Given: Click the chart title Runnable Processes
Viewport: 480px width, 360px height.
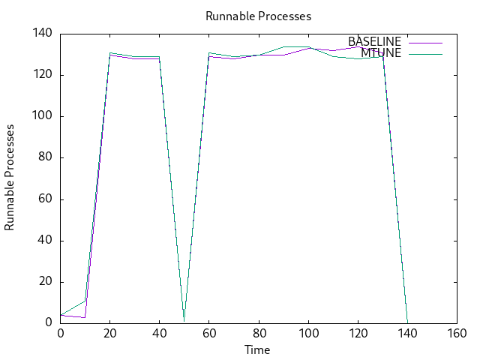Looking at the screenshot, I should coord(257,16).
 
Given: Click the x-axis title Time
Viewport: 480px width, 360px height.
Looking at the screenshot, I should coord(257,349).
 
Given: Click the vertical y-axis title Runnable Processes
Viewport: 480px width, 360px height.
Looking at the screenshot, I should coord(10,178).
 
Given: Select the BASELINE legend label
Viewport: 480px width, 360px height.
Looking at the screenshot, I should coord(374,41).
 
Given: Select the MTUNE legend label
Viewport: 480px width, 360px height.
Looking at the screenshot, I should coord(381,53).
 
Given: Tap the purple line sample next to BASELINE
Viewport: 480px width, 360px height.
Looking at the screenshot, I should coord(425,42).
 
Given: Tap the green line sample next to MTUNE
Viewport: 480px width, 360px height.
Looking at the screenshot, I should coord(425,54).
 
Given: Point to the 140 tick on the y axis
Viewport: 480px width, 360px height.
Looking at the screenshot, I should coord(42,34).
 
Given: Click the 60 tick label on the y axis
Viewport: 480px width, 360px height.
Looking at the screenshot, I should coord(45,199).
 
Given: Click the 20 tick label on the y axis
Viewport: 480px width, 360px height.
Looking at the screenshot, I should coord(45,282).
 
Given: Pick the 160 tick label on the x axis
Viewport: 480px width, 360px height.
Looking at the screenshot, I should coord(457,334).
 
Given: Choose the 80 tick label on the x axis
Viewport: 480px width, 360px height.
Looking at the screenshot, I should coord(259,334).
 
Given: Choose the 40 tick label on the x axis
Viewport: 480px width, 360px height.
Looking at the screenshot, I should coord(160,334).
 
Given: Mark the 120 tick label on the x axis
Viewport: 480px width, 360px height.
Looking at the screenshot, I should coord(358,334).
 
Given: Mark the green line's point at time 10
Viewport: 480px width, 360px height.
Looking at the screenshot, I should coord(85,301).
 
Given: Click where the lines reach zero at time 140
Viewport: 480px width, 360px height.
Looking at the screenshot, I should coord(407,323).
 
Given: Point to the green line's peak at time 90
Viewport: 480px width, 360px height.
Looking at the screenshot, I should coord(283,46).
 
